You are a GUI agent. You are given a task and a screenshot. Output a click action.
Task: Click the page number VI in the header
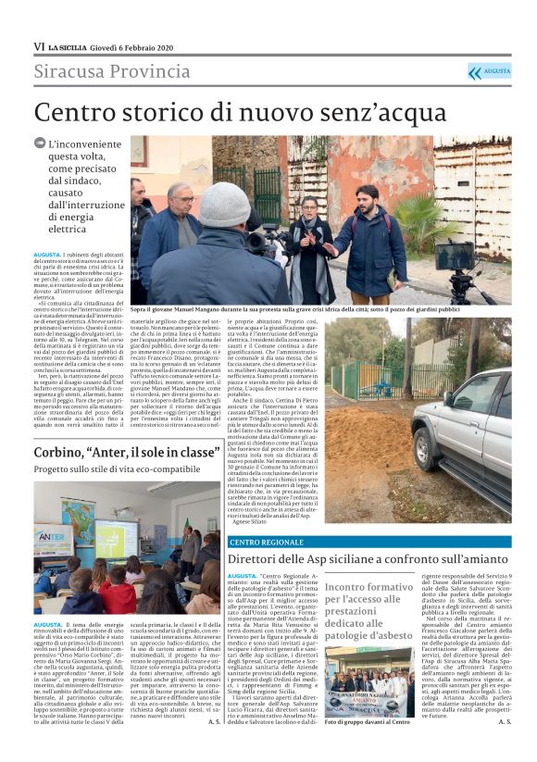pyautogui.click(x=38, y=46)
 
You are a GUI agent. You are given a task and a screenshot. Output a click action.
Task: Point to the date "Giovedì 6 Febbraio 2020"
pyautogui.click(x=138, y=46)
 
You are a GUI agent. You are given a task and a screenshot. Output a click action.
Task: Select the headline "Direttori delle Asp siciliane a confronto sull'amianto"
pyautogui.click(x=368, y=559)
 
